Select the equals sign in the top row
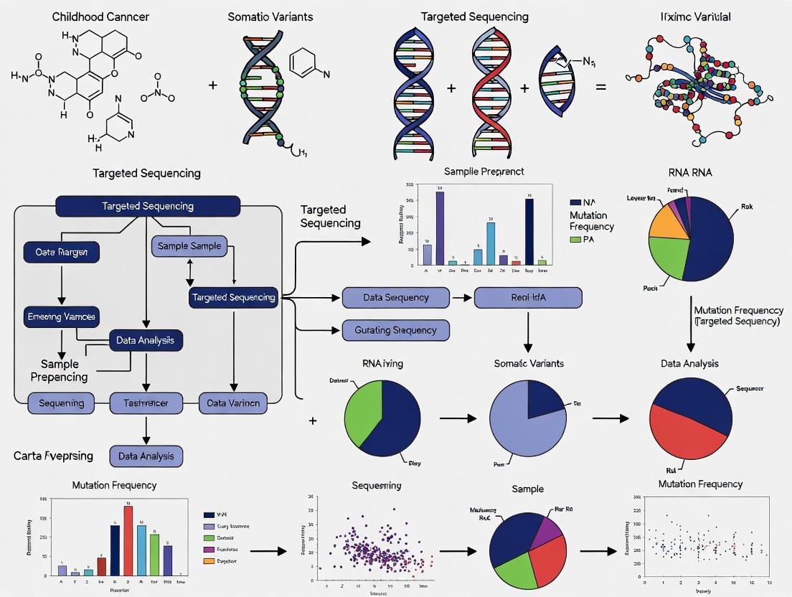coord(601,88)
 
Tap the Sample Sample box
coord(189,246)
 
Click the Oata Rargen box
coord(61,252)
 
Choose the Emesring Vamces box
coord(61,316)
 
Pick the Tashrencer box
coord(146,403)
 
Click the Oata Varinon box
coord(233,403)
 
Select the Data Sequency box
coord(396,297)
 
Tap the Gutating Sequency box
coord(396,330)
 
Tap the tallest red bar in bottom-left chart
coord(128,540)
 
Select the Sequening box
coord(61,403)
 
